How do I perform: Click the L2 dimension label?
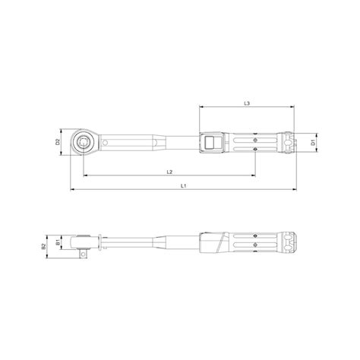(x=169, y=172)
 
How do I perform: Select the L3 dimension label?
(x=248, y=102)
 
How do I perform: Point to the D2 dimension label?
(x=58, y=141)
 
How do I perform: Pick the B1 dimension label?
(x=58, y=244)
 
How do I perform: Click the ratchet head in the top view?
(x=83, y=141)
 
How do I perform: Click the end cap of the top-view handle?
(x=289, y=141)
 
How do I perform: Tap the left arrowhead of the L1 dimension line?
(x=71, y=189)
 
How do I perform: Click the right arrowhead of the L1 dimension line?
(x=295, y=189)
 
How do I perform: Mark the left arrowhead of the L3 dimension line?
(x=202, y=107)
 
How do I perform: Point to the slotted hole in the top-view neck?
(x=111, y=141)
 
